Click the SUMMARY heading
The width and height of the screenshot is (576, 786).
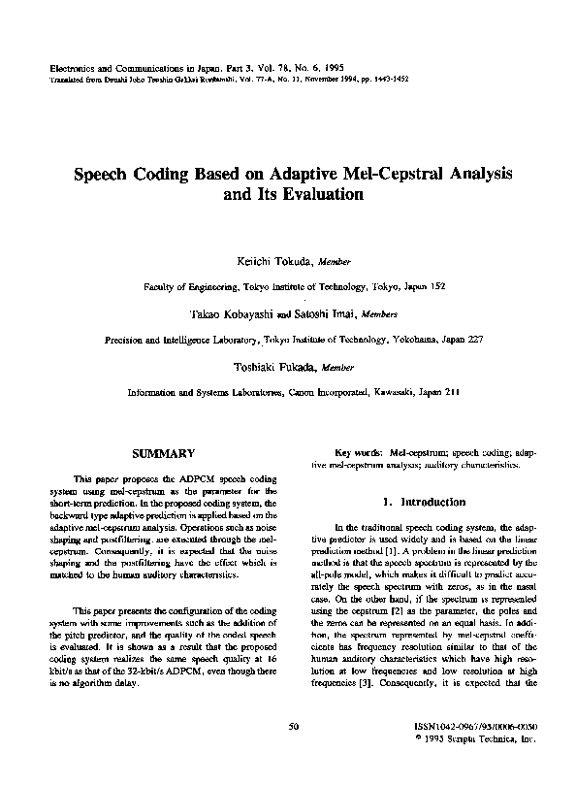click(x=163, y=453)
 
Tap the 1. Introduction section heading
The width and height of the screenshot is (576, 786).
click(x=424, y=502)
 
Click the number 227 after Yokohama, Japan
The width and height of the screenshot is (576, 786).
click(x=451, y=341)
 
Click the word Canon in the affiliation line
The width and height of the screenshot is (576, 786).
click(x=307, y=394)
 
